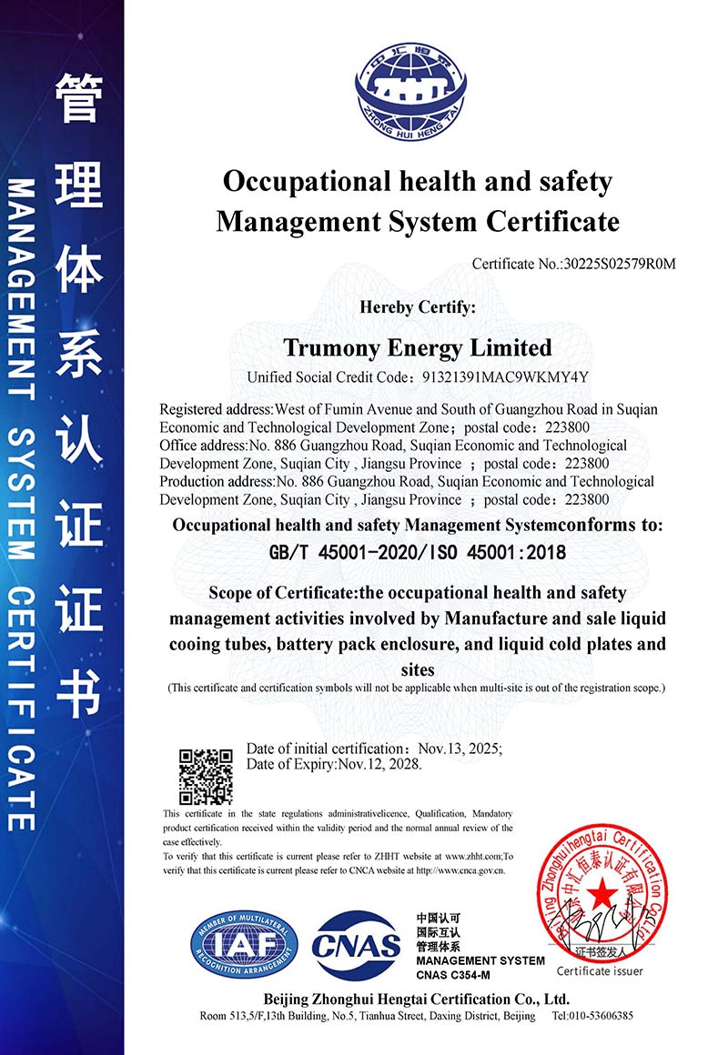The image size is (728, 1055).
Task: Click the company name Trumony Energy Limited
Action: point(418,347)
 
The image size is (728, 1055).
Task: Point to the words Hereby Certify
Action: point(418,307)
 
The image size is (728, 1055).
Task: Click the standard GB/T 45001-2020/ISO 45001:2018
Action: point(418,552)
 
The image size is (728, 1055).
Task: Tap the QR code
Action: point(206,776)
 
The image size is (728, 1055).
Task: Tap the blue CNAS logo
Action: point(357,946)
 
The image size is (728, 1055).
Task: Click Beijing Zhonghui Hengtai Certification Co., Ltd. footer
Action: point(417,999)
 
